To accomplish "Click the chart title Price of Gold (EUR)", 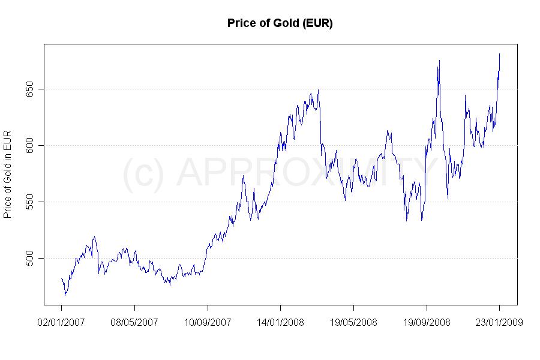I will (280, 23).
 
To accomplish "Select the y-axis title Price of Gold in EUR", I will (8, 174).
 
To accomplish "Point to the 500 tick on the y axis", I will (33, 258).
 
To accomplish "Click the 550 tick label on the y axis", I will (33, 202).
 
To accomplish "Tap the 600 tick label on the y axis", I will (33, 145).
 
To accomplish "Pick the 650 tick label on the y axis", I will (33, 89).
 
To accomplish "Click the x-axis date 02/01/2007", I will (61, 322).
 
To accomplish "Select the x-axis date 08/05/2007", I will (134, 322).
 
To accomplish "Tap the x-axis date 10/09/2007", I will (208, 322).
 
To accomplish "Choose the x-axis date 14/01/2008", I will (280, 322).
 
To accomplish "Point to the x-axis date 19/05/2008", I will (353, 322).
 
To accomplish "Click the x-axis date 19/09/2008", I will (426, 322).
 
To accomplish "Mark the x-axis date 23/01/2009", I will (499, 322).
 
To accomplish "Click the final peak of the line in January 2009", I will (500, 54).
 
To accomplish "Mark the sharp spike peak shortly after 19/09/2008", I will (439, 60).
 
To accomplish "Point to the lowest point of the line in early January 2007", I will (65, 295).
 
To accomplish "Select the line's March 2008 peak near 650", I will (318, 90).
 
